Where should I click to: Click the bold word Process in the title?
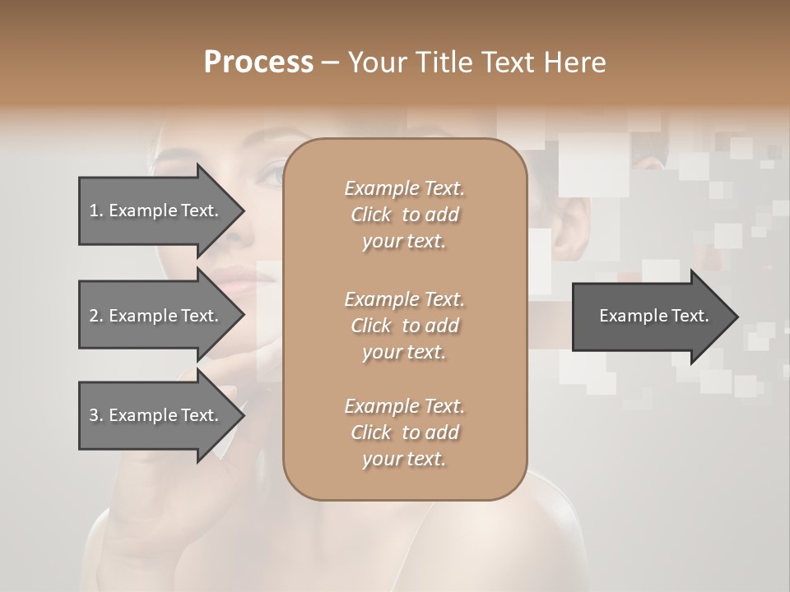[258, 62]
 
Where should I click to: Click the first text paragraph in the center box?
[404, 215]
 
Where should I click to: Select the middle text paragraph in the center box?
[404, 325]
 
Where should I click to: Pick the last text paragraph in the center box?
[404, 432]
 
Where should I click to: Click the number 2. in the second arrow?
[96, 316]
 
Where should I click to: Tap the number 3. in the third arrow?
[96, 415]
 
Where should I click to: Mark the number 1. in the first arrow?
[95, 210]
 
